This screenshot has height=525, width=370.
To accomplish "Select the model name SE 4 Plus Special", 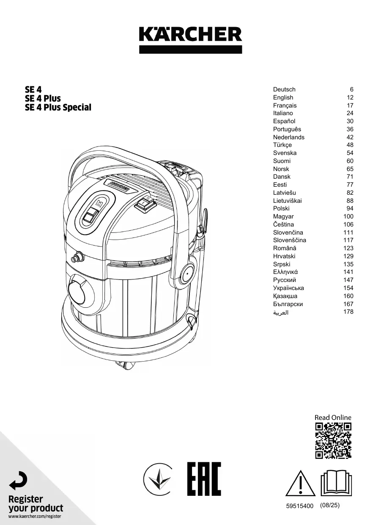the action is pyautogui.click(x=58, y=108).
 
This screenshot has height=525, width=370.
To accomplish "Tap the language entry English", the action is pyautogui.click(x=283, y=97).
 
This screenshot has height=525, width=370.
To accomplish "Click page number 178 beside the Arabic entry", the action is pyautogui.click(x=348, y=312).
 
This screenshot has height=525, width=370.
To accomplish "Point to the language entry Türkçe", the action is pyautogui.click(x=282, y=145).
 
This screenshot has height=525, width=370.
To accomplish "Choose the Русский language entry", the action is pyautogui.click(x=285, y=280).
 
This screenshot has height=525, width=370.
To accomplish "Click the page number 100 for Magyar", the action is pyautogui.click(x=348, y=216).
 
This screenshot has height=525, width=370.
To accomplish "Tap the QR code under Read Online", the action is pyautogui.click(x=334, y=441).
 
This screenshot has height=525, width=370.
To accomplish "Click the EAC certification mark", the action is pyautogui.click(x=204, y=479).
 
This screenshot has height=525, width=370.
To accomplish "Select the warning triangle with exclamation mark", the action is pyautogui.click(x=301, y=484).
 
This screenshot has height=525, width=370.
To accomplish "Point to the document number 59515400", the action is pyautogui.click(x=300, y=506).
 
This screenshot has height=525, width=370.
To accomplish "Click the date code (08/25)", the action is pyautogui.click(x=330, y=506).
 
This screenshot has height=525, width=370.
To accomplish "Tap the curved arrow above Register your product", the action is pyautogui.click(x=18, y=481).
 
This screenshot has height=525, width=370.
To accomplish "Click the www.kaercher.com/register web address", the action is pyautogui.click(x=35, y=517).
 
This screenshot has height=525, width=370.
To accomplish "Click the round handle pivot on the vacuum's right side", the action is pyautogui.click(x=186, y=276).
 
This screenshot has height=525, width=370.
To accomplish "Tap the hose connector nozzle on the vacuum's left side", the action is pyautogui.click(x=77, y=256).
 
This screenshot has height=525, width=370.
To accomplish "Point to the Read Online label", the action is pyautogui.click(x=333, y=417).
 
